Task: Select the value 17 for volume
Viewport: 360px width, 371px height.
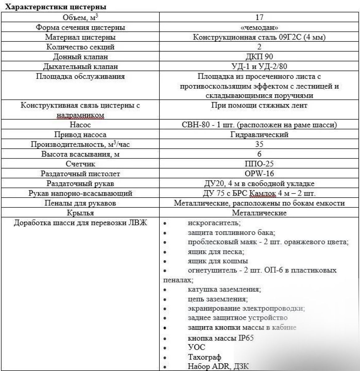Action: (x=259, y=17)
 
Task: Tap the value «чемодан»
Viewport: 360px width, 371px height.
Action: (x=259, y=27)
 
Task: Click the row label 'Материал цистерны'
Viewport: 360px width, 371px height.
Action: (x=80, y=37)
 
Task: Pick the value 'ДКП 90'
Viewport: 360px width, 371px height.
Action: (x=259, y=57)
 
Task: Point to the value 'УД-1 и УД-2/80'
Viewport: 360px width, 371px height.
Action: (x=259, y=66)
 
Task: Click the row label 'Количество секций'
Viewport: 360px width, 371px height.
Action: (x=80, y=47)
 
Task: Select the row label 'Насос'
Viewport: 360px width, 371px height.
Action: (x=80, y=125)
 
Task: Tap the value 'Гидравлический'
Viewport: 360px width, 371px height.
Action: (x=259, y=134)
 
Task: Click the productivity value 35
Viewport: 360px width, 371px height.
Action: (x=259, y=144)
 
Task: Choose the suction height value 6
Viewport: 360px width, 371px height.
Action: (x=259, y=154)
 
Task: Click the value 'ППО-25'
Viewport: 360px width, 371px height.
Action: (x=259, y=164)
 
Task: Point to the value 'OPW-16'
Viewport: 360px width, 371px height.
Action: (x=259, y=173)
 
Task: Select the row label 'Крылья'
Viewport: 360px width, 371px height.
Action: (x=80, y=213)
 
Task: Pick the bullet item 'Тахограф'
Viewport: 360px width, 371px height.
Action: (x=205, y=357)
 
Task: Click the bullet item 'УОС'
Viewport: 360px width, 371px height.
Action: (x=196, y=348)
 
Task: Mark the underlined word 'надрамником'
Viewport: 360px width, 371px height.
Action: (x=80, y=115)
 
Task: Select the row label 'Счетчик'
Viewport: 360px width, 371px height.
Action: (x=80, y=164)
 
